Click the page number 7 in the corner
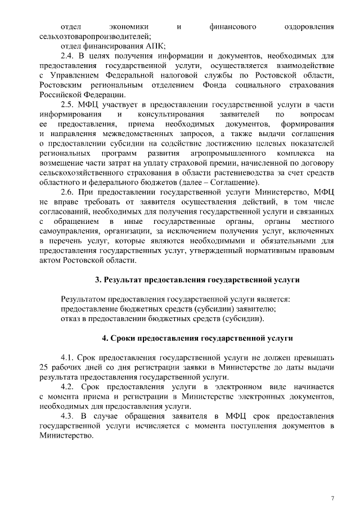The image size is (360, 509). tap(332, 483)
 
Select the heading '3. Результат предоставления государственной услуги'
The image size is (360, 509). tap(197, 280)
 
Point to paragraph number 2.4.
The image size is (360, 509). tap(67, 56)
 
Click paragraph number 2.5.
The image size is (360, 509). tap(67, 105)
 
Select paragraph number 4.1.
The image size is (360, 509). tap(67, 357)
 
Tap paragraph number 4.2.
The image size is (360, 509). tap(67, 387)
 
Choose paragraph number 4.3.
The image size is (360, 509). tap(67, 416)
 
